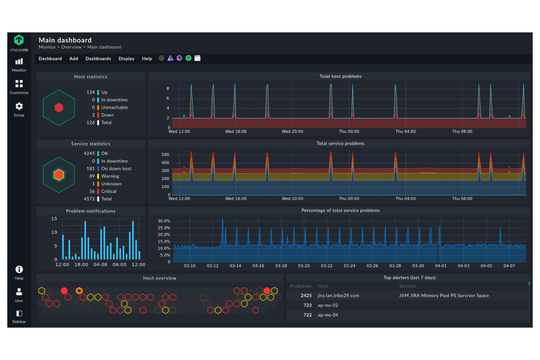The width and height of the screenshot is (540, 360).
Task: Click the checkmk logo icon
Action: point(19,40)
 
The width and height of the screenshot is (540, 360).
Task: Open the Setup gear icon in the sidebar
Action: point(19,106)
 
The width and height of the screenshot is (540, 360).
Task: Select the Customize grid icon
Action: point(19,84)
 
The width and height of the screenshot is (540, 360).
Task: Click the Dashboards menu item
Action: point(98,59)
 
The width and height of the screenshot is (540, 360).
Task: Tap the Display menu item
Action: point(126,59)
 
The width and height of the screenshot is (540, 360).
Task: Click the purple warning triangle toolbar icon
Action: point(170,58)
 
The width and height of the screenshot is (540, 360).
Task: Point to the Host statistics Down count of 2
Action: point(93,115)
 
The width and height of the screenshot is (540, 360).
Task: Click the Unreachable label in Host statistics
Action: point(115,108)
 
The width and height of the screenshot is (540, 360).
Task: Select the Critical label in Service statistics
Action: point(109,191)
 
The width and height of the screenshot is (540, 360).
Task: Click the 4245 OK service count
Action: point(89,154)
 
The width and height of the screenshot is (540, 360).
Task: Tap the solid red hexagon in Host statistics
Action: point(59,108)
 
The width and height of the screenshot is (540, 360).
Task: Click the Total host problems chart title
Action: point(340,77)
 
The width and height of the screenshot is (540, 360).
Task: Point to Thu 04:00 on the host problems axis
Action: point(405,132)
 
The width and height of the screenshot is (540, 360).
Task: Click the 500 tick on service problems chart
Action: point(165,155)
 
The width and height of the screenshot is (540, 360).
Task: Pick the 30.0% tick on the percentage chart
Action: point(164,221)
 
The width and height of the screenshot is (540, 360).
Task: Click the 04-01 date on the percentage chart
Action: point(440,266)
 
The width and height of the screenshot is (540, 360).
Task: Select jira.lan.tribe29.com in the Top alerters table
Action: point(338,296)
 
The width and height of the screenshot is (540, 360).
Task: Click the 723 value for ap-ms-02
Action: point(307,305)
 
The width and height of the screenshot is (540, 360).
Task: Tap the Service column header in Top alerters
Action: point(407,286)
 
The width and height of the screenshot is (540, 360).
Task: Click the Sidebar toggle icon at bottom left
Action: point(19,314)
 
